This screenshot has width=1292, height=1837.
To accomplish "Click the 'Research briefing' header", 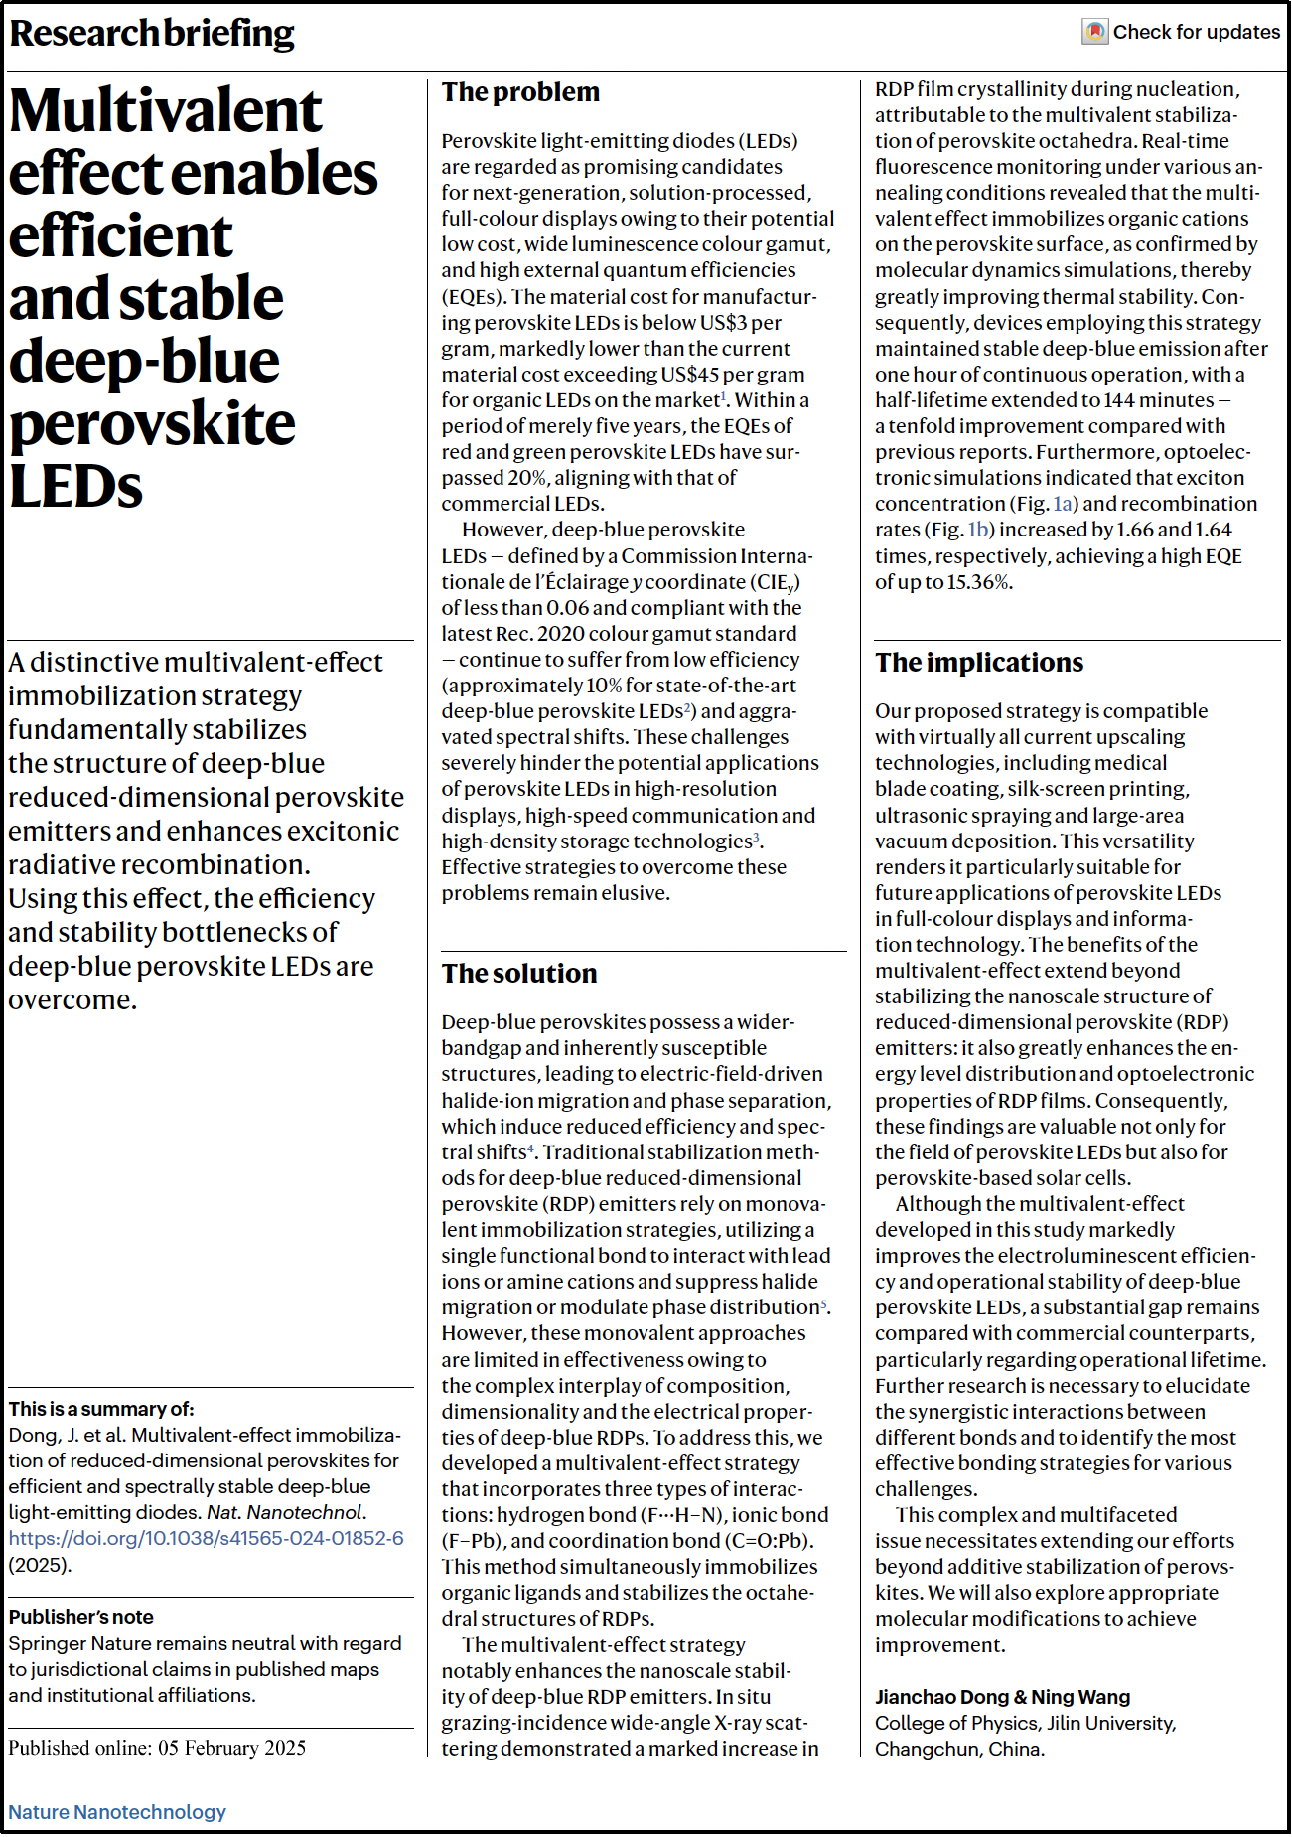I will pyautogui.click(x=152, y=34).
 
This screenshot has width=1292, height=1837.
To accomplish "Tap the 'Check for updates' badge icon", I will pyautogui.click(x=1094, y=32).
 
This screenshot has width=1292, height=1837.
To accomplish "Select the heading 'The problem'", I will pyautogui.click(x=520, y=92).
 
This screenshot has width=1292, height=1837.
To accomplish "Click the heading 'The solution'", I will pyautogui.click(x=519, y=974).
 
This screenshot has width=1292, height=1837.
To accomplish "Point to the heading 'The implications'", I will pyautogui.click(x=978, y=663).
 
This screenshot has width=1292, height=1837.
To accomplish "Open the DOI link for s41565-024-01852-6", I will pyautogui.click(x=207, y=1538).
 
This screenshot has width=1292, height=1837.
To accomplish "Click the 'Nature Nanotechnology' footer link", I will pyautogui.click(x=117, y=1811).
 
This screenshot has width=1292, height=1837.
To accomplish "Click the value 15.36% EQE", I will pyautogui.click(x=978, y=582).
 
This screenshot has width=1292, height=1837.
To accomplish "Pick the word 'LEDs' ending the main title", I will pyautogui.click(x=75, y=487).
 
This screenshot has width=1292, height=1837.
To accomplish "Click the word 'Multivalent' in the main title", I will pyautogui.click(x=166, y=110).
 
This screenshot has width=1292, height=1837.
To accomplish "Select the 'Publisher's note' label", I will pyautogui.click(x=81, y=1617).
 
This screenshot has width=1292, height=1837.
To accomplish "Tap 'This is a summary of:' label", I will pyautogui.click(x=101, y=1409).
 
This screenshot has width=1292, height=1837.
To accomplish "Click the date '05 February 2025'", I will pyautogui.click(x=231, y=1748).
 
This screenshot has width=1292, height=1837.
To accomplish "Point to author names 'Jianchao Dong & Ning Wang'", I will pyautogui.click(x=1002, y=1697).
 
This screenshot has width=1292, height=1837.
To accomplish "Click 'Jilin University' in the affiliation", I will pyautogui.click(x=1102, y=1723).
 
